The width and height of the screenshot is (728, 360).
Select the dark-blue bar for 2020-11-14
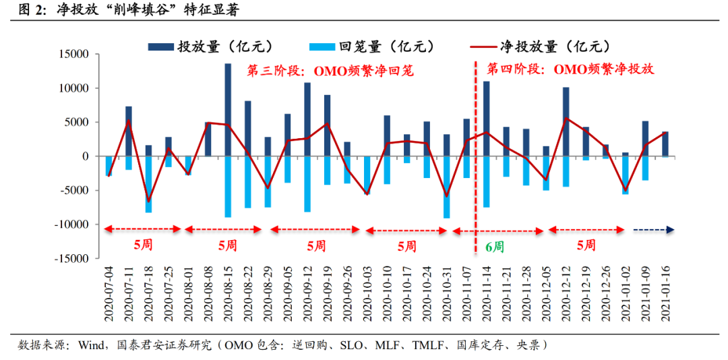[x=487, y=119]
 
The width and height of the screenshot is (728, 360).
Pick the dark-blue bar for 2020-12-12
[x=566, y=121]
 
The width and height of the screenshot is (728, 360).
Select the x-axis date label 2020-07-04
[x=109, y=296]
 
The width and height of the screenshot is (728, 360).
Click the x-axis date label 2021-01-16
[x=666, y=296]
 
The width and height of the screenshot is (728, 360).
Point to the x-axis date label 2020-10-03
[x=367, y=296]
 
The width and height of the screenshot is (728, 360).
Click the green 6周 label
[x=494, y=247]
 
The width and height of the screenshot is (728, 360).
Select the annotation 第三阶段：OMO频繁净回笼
[x=330, y=70]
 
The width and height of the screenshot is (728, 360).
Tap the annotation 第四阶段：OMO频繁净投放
[x=570, y=69]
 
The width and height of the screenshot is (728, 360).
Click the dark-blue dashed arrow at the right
[x=653, y=230]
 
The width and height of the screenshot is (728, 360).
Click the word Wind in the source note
[x=90, y=345]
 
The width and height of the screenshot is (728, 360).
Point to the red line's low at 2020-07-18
[x=149, y=201]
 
